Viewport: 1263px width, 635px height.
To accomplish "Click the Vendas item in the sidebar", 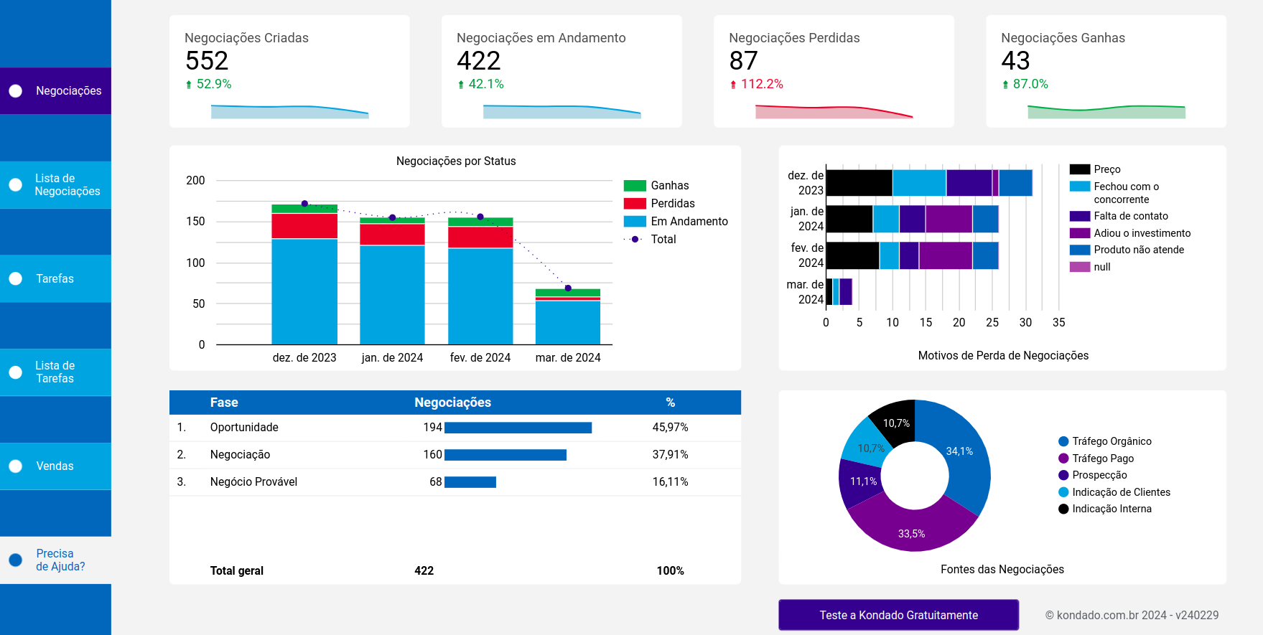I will pos(55,466).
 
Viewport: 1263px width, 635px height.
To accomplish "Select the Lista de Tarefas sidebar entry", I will pos(55,372).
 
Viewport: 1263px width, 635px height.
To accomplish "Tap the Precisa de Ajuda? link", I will pos(60,560).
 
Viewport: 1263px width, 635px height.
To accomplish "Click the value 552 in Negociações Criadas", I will pos(207,61).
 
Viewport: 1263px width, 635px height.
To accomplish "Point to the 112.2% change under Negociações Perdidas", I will pos(761,84).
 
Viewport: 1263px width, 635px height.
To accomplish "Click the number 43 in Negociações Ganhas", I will pos(1015,61).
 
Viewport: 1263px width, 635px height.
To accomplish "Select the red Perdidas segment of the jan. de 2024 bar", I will pos(392,235).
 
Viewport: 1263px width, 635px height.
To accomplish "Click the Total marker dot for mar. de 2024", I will pos(568,288).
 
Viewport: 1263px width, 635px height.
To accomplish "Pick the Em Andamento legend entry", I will pos(689,222).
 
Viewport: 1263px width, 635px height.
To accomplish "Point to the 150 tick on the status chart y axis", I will pos(195,222).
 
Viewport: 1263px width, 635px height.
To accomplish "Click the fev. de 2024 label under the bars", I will pos(480,357).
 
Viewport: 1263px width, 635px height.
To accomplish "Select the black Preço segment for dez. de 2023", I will pos(859,183).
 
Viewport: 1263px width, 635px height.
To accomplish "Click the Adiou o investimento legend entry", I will pos(1141,233).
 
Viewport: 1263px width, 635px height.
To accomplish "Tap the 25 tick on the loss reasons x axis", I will pos(992,323).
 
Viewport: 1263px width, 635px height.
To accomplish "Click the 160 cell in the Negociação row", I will pos(432,455).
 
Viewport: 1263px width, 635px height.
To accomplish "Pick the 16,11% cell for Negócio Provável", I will pos(670,482).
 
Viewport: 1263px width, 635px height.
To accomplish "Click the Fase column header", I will pos(224,403).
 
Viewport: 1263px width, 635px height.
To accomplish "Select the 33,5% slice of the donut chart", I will pos(911,527).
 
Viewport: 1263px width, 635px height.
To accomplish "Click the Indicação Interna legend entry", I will pos(1111,509).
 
